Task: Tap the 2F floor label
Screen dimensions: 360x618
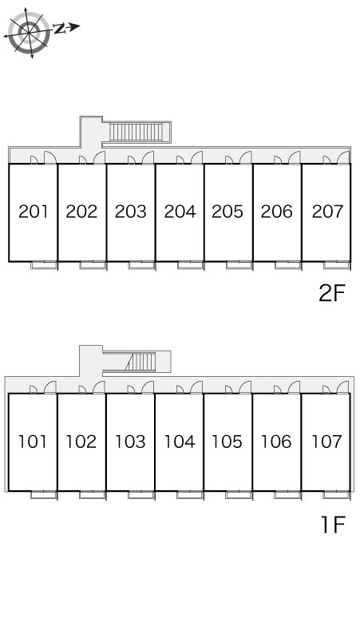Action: (331, 293)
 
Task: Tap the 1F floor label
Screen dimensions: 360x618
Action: (333, 525)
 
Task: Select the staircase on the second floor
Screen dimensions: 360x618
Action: (136, 132)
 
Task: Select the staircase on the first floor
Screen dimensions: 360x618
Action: (140, 362)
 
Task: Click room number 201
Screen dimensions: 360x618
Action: (34, 212)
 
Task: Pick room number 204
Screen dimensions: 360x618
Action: (180, 212)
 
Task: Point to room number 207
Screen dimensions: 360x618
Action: (327, 212)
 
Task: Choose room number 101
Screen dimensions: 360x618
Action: (33, 442)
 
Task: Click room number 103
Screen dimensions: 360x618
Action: (130, 442)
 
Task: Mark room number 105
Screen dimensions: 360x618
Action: (227, 442)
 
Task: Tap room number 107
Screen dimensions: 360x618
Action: (326, 442)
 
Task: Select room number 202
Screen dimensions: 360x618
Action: (81, 212)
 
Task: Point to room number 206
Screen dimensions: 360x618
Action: (277, 212)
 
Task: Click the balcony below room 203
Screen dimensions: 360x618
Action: (141, 265)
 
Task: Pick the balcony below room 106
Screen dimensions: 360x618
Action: (287, 495)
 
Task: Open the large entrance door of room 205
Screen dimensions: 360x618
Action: (246, 157)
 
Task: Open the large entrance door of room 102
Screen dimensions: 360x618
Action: (99, 387)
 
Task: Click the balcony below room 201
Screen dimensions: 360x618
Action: (44, 265)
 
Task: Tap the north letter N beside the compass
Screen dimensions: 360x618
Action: (59, 29)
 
